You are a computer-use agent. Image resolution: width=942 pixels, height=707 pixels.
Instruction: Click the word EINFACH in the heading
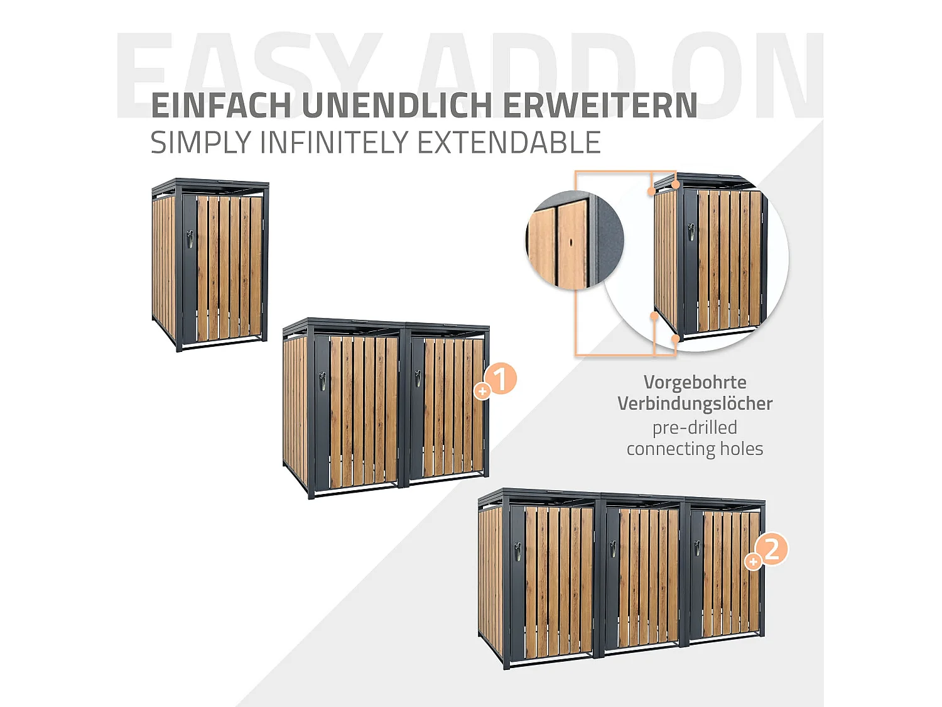[x=220, y=106]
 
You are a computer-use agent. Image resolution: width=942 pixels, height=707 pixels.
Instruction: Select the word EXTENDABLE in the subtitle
[x=509, y=143]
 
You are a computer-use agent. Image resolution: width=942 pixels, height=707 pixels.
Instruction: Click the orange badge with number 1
[x=501, y=379]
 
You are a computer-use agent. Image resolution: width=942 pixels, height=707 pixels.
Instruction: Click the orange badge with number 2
[x=772, y=549]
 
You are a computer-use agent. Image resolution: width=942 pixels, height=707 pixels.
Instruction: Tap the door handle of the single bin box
[x=189, y=239]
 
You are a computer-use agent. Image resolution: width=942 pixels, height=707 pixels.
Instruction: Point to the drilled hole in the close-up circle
[x=571, y=242]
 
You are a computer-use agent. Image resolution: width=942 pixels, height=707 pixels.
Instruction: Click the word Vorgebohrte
[x=695, y=382]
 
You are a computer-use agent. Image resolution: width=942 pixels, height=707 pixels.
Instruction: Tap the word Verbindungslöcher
[x=695, y=403]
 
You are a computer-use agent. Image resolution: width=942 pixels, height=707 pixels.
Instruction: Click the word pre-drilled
[x=695, y=427]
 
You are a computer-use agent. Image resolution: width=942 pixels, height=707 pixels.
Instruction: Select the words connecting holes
[x=695, y=449]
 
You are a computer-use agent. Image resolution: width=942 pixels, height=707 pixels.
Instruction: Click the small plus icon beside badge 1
[x=482, y=391]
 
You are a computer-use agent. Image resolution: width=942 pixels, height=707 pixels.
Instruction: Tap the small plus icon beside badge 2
[x=753, y=561]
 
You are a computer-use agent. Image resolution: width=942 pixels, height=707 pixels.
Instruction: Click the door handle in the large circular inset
[x=691, y=232]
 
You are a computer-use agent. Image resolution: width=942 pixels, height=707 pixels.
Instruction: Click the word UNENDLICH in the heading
[x=397, y=106]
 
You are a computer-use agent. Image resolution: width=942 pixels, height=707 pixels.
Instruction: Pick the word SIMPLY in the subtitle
[x=200, y=143]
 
